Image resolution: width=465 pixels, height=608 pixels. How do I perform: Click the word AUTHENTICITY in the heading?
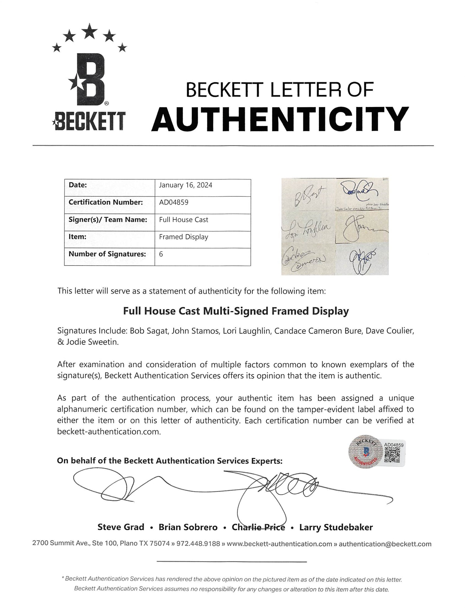point(280,119)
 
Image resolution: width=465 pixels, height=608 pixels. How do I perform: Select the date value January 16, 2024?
point(185,185)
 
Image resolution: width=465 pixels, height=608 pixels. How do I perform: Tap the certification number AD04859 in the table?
point(174,202)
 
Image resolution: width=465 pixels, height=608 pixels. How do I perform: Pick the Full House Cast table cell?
point(184,220)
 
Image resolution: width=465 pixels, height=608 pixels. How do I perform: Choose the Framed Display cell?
point(184,237)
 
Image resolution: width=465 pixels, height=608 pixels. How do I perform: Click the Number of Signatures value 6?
point(161,254)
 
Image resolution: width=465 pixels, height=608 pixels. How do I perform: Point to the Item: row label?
point(77,237)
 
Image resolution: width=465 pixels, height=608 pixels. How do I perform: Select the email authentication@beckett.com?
point(385,544)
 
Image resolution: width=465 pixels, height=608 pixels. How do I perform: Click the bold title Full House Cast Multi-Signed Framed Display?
point(236,311)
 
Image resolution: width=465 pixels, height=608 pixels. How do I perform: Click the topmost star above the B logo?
point(90,31)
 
